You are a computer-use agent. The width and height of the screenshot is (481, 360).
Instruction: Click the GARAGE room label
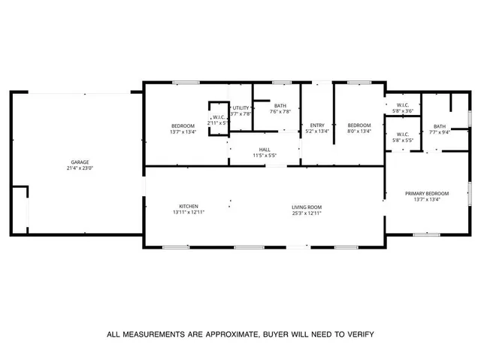click(80, 162)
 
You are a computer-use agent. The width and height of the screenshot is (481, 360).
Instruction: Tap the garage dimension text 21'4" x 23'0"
click(80, 168)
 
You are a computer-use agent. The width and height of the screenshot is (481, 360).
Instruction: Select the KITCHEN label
click(188, 206)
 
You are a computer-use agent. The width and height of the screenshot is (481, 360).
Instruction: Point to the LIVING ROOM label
click(307, 207)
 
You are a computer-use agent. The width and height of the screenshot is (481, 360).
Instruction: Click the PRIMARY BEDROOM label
click(427, 193)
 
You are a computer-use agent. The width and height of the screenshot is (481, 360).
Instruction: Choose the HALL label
click(265, 150)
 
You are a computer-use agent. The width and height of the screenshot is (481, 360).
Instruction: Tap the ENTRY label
click(317, 125)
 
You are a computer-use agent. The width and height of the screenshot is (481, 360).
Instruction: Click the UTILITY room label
click(240, 108)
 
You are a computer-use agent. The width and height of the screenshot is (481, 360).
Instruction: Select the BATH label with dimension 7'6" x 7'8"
click(280, 106)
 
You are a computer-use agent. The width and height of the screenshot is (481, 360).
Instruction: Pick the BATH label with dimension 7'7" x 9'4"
click(439, 126)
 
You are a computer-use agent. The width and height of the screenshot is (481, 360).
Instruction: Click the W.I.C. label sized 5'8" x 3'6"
click(404, 105)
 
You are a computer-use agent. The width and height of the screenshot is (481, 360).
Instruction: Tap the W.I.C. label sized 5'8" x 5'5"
click(404, 135)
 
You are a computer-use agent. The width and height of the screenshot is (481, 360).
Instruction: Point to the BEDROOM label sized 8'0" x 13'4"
click(358, 125)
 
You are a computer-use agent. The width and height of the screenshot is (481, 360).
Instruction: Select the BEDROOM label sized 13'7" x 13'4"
click(183, 126)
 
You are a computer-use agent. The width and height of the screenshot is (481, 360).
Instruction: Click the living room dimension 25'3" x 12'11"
click(307, 213)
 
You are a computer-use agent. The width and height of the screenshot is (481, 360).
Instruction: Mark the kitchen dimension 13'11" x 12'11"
click(188, 212)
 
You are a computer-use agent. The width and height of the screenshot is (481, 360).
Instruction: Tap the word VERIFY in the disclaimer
click(356, 334)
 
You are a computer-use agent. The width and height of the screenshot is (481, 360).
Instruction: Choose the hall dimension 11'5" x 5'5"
click(265, 156)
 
